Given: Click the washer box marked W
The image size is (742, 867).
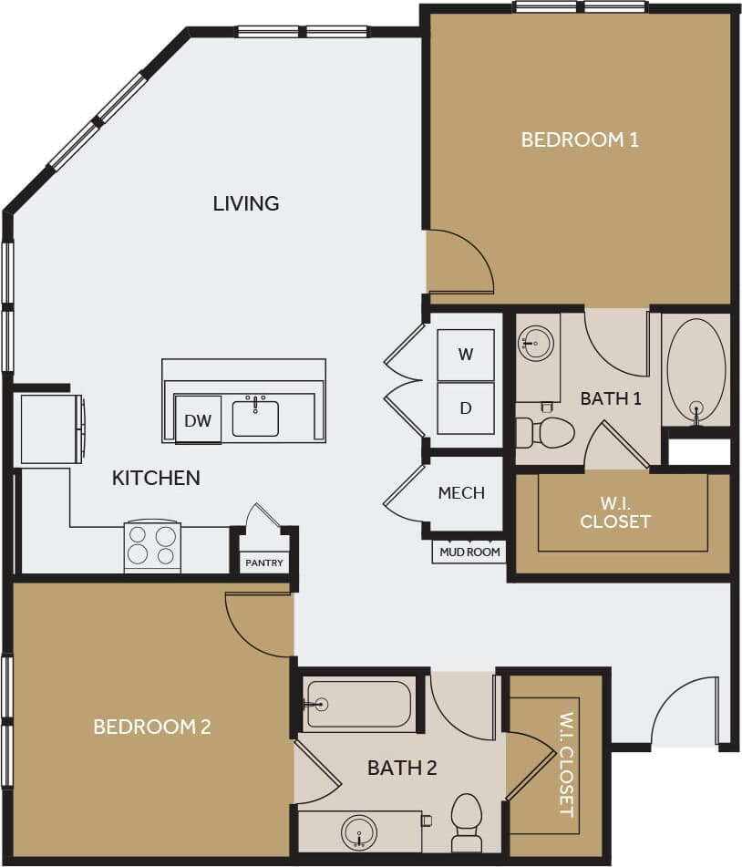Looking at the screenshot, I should (465, 355).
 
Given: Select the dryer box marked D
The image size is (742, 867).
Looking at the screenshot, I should (465, 408).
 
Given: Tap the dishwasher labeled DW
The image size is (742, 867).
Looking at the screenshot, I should (198, 419).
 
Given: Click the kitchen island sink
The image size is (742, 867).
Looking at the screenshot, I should (255, 417).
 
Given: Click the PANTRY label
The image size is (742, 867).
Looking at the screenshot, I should (264, 563).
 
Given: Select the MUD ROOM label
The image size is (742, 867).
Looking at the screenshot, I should (469, 552).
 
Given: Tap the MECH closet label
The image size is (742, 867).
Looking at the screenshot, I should (461, 492).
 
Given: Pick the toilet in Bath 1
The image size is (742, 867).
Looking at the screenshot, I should (548, 433).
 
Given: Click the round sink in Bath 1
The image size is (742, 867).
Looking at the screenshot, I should (535, 344).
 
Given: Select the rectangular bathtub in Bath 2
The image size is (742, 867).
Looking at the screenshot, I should (358, 704).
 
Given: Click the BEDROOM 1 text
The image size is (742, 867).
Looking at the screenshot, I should (579, 139).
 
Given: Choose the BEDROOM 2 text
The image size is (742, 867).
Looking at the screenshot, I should (152, 727).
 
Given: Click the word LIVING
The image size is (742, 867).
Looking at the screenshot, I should (246, 202).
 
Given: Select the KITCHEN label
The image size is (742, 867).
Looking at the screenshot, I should (156, 478).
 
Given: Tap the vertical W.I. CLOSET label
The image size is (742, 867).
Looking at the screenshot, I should (565, 764).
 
